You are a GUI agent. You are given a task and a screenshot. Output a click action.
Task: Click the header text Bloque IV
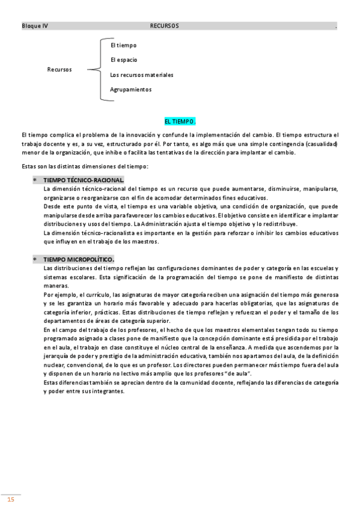(35, 26)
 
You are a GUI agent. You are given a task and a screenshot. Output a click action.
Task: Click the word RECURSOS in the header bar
(164, 26)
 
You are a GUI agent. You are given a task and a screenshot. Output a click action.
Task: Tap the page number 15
(10, 500)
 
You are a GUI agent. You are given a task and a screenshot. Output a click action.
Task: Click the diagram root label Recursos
(59, 70)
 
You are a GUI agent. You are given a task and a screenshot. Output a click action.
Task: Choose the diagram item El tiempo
(124, 46)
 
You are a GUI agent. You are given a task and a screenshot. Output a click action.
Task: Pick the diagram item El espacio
(124, 60)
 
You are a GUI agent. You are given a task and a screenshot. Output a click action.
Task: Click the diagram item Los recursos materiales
(142, 75)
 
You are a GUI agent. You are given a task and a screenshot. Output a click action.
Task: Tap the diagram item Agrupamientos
(131, 90)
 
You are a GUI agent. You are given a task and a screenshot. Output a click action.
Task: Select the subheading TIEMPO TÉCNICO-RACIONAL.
(84, 180)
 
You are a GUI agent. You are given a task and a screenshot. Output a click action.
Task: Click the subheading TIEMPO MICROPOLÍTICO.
(79, 259)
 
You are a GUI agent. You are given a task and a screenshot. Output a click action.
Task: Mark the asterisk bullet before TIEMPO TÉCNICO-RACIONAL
(35, 180)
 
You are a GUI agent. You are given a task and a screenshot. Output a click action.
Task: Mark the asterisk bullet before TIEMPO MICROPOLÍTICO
(35, 260)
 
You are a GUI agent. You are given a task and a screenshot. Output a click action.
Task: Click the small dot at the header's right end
(336, 27)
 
